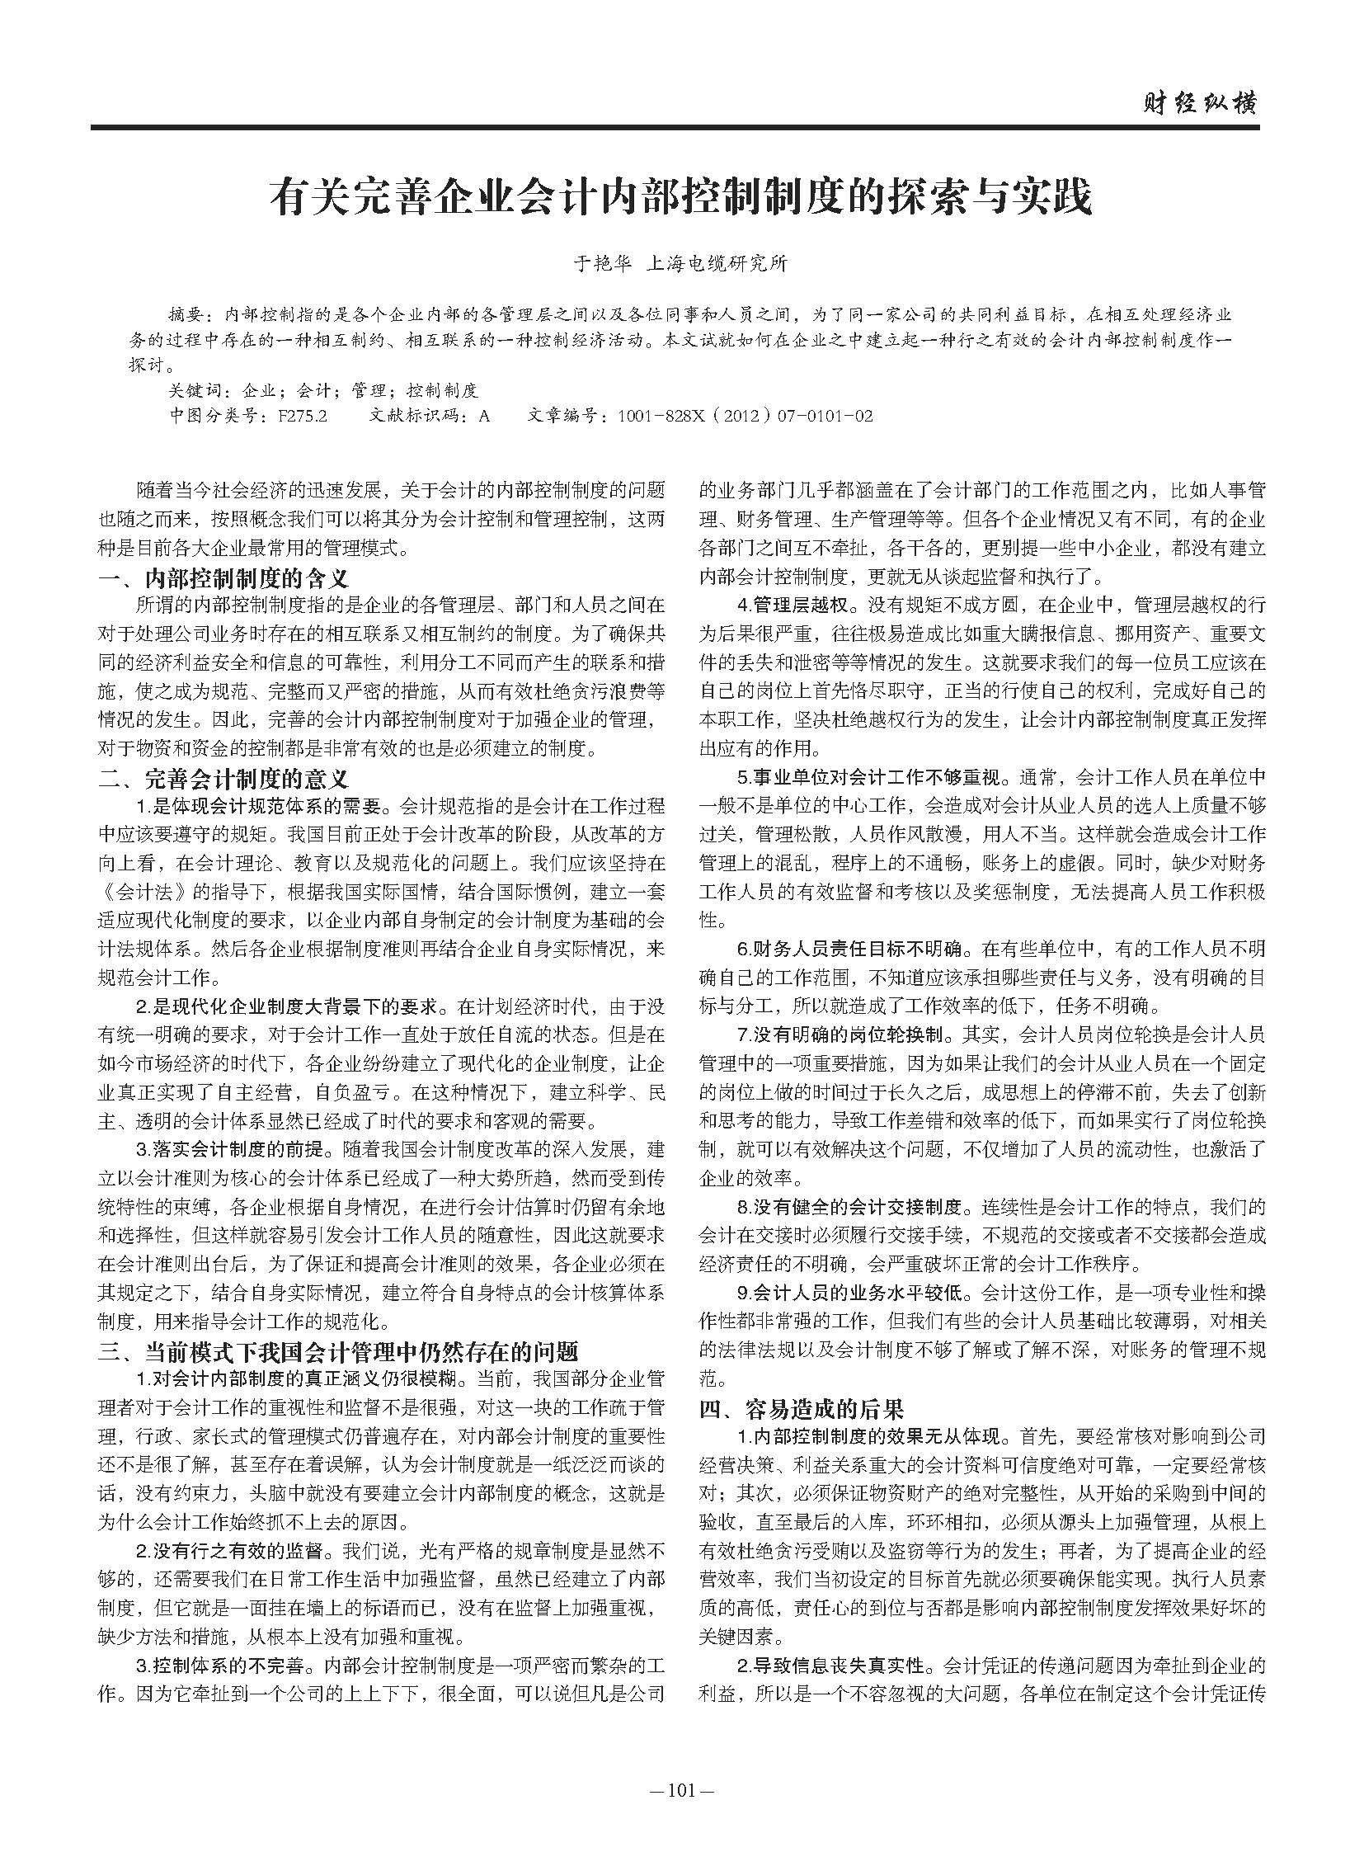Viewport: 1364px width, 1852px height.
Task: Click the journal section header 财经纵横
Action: [1199, 104]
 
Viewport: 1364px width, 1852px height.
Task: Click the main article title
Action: [682, 198]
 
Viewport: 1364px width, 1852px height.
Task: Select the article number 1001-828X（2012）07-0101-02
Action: [744, 416]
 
